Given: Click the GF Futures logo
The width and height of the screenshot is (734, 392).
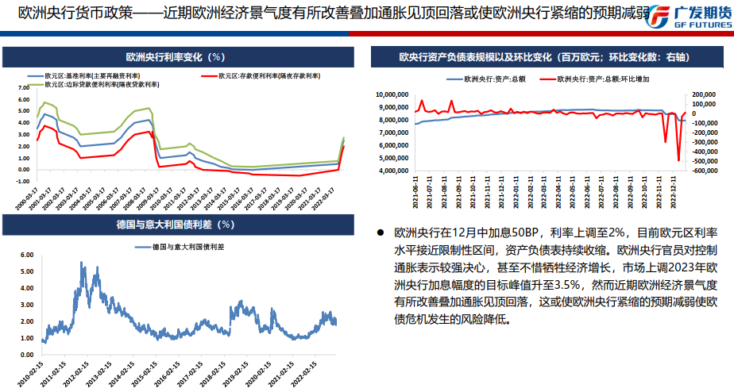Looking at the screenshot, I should pyautogui.click(x=688, y=16).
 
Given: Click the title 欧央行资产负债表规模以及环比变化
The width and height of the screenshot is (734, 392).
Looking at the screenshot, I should pyautogui.click(x=543, y=57).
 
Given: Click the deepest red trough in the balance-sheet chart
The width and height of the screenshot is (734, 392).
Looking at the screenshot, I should pyautogui.click(x=678, y=160).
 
